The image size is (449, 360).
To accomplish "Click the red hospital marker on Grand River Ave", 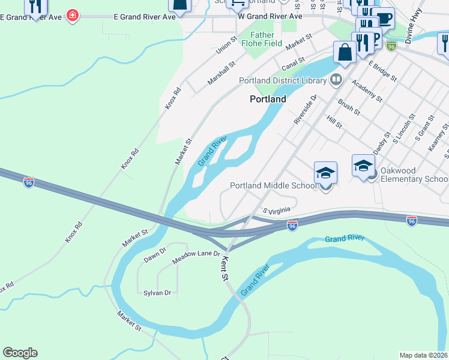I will (x=73, y=14).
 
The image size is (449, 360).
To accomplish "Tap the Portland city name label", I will (x=268, y=99).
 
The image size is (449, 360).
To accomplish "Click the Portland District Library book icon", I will (x=336, y=80).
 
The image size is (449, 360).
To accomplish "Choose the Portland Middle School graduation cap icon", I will (x=325, y=173).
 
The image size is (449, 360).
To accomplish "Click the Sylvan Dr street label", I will (x=157, y=293).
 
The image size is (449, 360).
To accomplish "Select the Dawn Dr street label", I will (x=154, y=259).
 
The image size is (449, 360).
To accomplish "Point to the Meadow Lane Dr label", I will (x=196, y=257).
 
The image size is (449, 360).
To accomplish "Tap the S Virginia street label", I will (x=277, y=211).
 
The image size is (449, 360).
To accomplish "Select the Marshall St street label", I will (x=221, y=71).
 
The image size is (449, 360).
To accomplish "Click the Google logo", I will (x=20, y=353).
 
